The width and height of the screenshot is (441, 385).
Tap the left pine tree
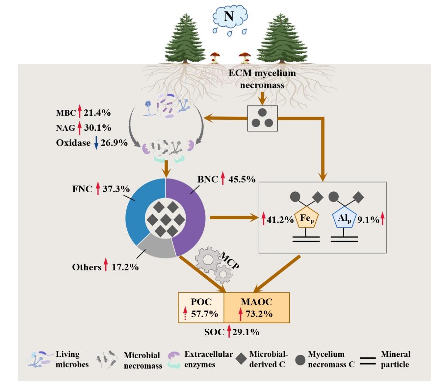(x=185, y=38)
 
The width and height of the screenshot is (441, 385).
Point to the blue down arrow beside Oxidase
(x=96, y=143)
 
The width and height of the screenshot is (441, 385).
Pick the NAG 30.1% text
(x=84, y=128)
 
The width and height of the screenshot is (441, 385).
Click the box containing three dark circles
(x=262, y=118)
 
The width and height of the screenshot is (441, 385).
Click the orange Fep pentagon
(x=307, y=219)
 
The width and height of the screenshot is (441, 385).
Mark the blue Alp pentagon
(x=344, y=219)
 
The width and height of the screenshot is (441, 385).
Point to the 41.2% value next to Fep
(x=280, y=220)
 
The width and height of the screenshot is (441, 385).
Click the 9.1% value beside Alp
(x=368, y=220)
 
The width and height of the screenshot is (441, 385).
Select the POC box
(x=201, y=308)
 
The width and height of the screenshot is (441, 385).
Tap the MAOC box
(x=257, y=308)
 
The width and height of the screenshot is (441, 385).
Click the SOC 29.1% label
(x=232, y=332)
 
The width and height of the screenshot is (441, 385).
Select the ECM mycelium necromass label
(x=262, y=79)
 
